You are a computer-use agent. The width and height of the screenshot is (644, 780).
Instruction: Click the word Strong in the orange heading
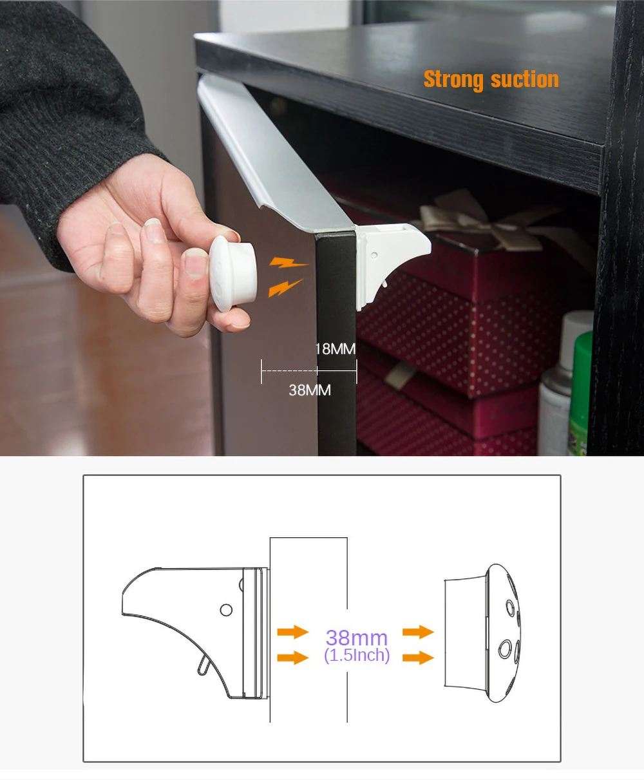453,80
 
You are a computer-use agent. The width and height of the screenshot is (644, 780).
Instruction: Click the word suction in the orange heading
524,80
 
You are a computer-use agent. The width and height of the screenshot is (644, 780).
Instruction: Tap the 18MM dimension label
335,349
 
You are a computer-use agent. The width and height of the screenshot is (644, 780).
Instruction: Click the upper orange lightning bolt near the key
289,262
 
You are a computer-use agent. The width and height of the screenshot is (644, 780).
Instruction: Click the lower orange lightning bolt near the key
285,287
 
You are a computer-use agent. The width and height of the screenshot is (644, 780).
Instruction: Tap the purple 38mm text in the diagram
356,638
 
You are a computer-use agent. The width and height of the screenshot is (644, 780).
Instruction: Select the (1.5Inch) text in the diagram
357,656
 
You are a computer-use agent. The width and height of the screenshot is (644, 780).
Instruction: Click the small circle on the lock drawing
225,609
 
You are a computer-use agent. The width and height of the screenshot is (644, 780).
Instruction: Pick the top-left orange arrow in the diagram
292,632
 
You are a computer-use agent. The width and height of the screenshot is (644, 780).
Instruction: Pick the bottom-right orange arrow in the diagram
418,658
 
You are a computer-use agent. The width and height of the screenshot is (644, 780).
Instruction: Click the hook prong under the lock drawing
204,664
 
